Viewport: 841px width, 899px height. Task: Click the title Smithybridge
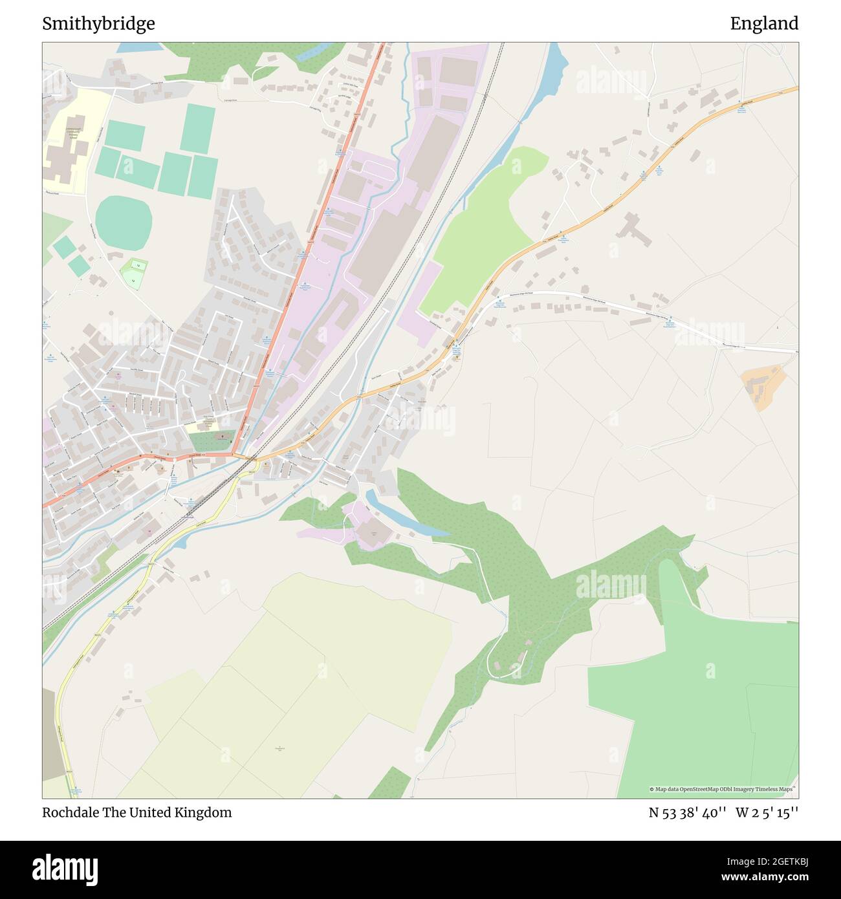pyautogui.click(x=98, y=24)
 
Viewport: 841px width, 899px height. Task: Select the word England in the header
pyautogui.click(x=764, y=24)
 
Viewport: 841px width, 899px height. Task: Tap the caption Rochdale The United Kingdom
pyautogui.click(x=137, y=812)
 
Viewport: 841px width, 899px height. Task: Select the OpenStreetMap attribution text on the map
pyautogui.click(x=723, y=789)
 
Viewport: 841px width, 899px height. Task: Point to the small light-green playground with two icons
pyautogui.click(x=134, y=273)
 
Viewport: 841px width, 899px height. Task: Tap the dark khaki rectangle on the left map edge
pyautogui.click(x=53, y=734)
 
